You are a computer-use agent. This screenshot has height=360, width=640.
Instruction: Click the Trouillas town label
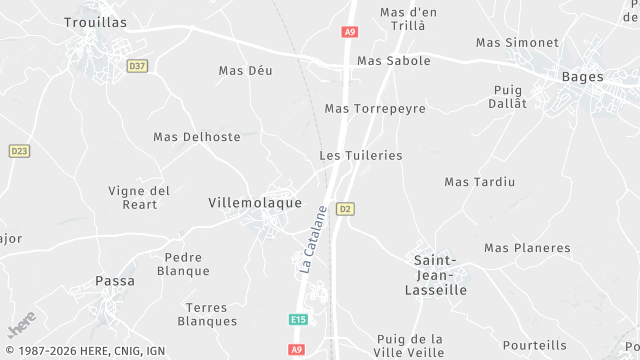[95, 21]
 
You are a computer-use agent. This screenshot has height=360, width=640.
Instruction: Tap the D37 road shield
[137, 66]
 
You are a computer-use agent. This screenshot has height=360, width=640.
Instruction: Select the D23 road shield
[19, 151]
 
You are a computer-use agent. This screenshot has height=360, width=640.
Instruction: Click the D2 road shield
[345, 209]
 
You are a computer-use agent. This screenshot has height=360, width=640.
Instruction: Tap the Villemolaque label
[254, 202]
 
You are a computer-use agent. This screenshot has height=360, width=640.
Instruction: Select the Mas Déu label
[245, 70]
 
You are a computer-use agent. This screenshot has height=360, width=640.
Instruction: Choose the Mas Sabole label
[394, 61]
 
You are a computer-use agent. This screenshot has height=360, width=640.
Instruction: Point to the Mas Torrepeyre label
[375, 108]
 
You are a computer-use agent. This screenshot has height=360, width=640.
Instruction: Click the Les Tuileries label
[361, 156]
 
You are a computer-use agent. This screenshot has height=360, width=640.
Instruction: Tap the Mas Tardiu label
[479, 182]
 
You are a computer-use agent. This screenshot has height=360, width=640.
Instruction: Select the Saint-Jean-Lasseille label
[440, 275]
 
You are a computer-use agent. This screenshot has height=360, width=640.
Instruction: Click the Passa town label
[115, 281]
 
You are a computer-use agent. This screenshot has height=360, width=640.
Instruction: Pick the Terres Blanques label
[207, 314]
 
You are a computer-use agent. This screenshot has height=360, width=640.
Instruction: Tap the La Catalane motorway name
[313, 241]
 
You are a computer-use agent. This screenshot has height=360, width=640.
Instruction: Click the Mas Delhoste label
[197, 137]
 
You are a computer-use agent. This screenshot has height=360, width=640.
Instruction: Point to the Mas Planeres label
[527, 248]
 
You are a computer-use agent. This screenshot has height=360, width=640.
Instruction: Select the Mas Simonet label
[517, 42]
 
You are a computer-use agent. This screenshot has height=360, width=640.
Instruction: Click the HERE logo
[20, 325]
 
